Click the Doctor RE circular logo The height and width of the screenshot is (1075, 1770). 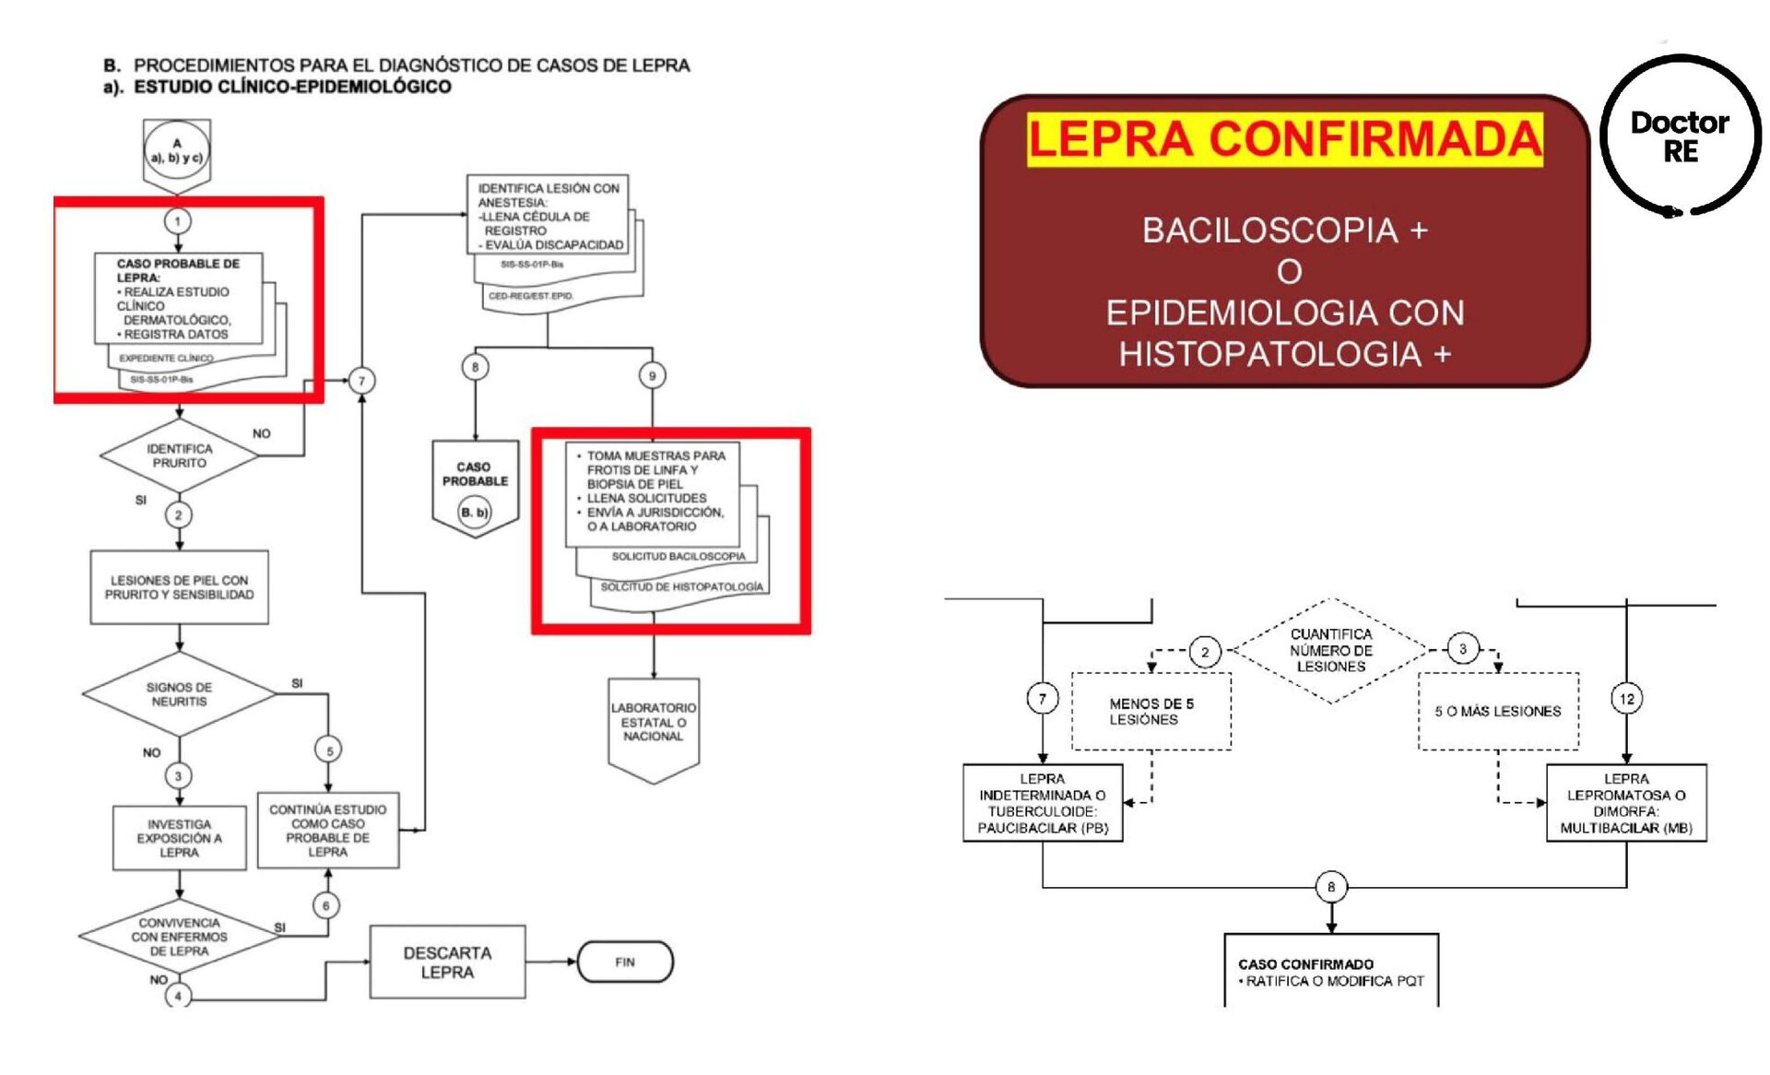point(1680,136)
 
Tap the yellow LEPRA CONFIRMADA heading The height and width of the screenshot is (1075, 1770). point(1284,139)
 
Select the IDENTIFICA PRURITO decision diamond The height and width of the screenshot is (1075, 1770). point(179,455)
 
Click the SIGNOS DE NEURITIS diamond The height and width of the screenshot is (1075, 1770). point(179,694)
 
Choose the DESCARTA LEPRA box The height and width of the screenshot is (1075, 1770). point(447,962)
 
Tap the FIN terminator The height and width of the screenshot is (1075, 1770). point(625,962)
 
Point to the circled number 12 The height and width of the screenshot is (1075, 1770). point(1626,699)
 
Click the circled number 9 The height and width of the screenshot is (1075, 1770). point(652,375)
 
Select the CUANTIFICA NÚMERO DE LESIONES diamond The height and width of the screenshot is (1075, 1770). point(1330,650)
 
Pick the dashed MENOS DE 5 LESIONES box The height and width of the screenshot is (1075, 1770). point(1150,711)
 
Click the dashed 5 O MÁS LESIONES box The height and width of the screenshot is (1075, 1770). point(1497,711)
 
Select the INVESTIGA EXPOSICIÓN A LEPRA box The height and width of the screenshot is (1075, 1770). point(179,838)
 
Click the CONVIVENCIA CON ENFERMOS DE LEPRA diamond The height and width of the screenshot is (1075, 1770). point(179,937)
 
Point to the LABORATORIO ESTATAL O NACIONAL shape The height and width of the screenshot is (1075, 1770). point(653,723)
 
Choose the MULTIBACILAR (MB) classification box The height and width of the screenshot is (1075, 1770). point(1625,803)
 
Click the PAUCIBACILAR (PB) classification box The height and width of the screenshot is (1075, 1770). point(1042,803)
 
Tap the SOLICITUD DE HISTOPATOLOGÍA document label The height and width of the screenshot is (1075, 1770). point(681,586)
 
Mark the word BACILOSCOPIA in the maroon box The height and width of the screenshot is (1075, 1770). point(1269,230)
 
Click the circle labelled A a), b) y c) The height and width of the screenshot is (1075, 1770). point(177,150)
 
